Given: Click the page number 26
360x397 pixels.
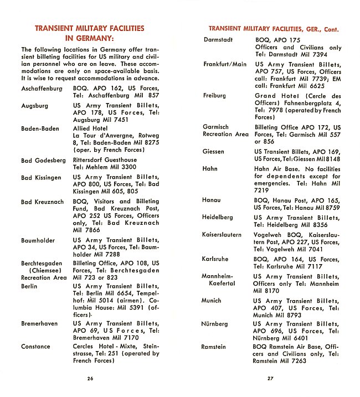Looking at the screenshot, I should (x=90, y=379).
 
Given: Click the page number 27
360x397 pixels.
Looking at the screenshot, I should (x=270, y=379).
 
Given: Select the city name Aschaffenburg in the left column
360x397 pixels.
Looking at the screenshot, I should (x=42, y=88).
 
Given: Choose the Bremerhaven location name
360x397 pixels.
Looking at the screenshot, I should (x=39, y=323).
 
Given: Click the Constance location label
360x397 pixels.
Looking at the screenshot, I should (x=35, y=347).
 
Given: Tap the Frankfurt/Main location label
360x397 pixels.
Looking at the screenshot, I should (x=224, y=64).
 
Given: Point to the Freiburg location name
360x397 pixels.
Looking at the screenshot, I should (x=214, y=96).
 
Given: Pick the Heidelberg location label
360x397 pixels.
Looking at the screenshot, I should (x=218, y=218).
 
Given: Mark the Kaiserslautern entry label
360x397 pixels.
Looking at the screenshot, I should (x=222, y=235).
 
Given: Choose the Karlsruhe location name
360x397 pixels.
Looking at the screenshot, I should (x=215, y=259).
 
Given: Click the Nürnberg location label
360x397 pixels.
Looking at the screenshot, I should (x=214, y=323).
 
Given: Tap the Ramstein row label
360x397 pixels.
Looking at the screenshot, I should (x=214, y=347).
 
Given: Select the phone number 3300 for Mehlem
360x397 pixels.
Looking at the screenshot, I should (x=127, y=167).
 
